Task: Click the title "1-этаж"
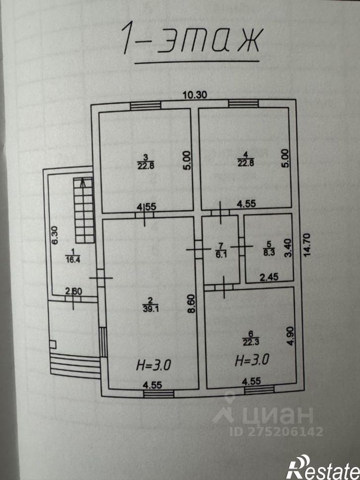(192, 39)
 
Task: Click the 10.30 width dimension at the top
(195, 95)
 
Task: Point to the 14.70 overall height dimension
(307, 245)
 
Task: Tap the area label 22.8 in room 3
(145, 165)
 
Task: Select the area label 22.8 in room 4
(245, 162)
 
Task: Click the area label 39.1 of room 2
(150, 309)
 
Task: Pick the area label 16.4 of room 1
(72, 260)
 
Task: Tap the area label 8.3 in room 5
(269, 253)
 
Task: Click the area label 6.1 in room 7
(221, 254)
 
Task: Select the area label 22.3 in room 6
(251, 342)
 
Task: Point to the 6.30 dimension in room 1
(55, 235)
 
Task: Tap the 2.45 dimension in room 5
(269, 277)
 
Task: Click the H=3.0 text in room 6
(252, 360)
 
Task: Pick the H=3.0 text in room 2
(153, 365)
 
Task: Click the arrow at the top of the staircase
(82, 183)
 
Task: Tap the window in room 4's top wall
(243, 104)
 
